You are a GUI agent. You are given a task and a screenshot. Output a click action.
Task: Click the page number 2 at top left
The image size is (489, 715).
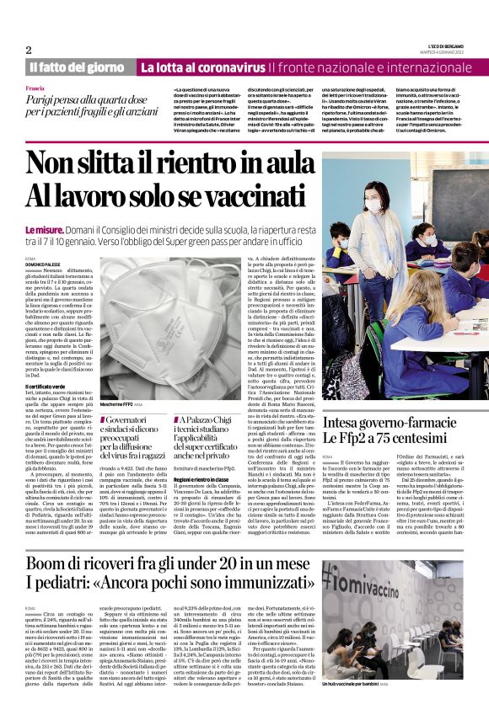[x=30, y=50]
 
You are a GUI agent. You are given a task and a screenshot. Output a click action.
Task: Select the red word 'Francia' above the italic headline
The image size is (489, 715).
[x=36, y=88]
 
